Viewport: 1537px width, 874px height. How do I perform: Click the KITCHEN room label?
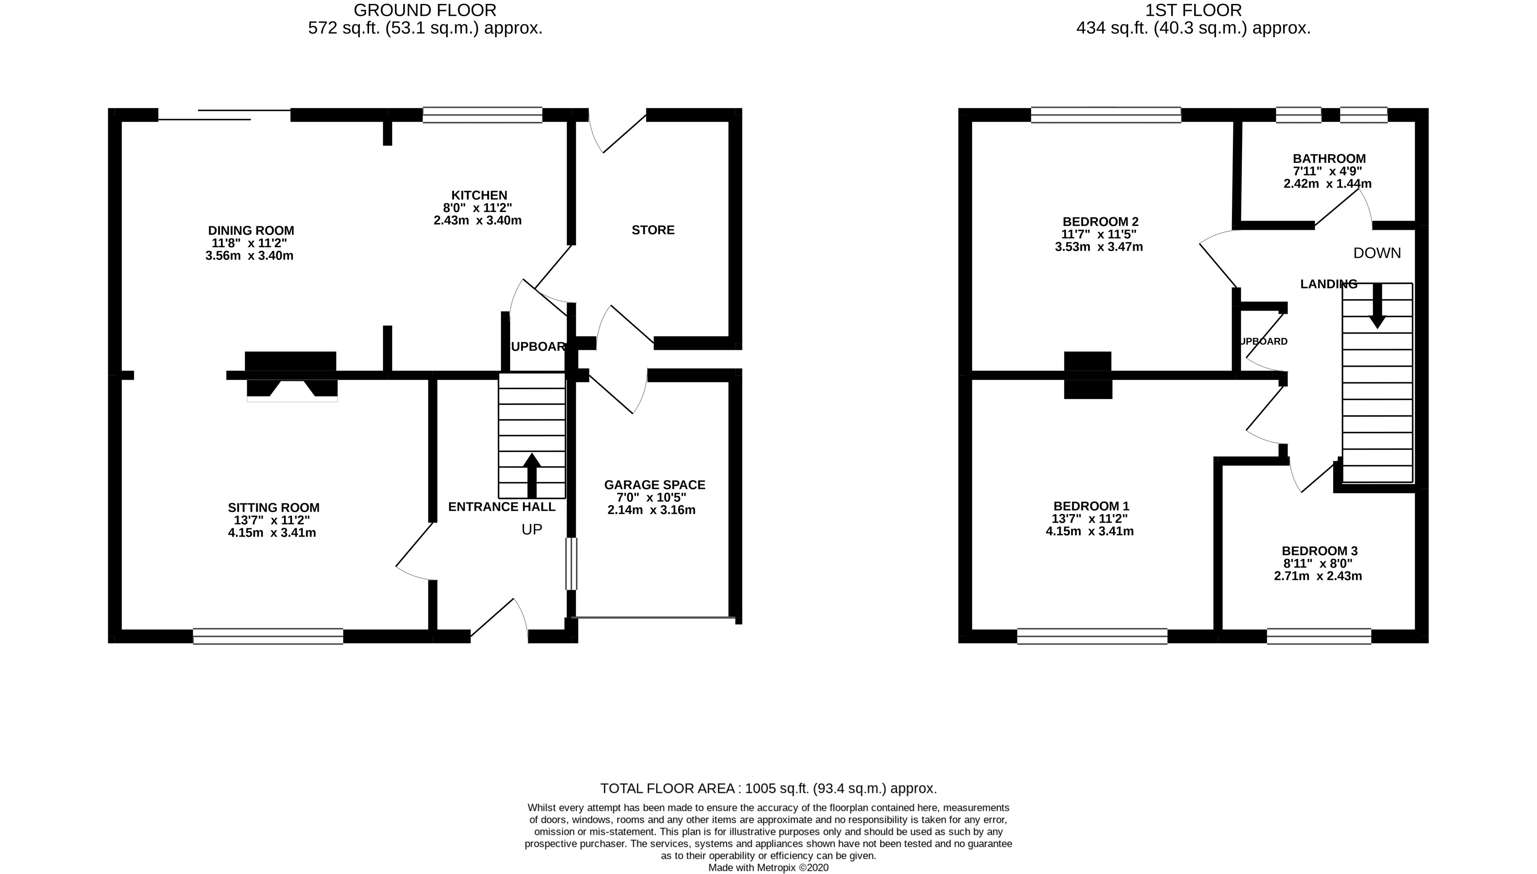pos(479,195)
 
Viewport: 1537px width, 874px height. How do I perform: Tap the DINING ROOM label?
pos(251,230)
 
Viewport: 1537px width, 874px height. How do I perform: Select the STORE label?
pos(653,230)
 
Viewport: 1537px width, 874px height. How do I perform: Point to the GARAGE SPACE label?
pos(654,485)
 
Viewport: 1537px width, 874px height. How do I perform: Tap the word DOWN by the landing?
pos(1377,253)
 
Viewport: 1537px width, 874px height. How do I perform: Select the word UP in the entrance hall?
pos(531,530)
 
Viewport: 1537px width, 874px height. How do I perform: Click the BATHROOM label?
pos(1329,159)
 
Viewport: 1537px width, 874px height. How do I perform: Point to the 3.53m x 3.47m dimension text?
pos(1099,247)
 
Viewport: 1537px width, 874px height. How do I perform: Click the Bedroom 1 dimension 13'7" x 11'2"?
pos(1090,519)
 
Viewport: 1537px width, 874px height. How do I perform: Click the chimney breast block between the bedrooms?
pos(1087,375)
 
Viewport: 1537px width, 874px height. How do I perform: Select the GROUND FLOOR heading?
pos(425,10)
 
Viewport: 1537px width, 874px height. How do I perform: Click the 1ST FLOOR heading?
pos(1193,10)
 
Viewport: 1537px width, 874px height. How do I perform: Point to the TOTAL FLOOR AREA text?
pos(768,788)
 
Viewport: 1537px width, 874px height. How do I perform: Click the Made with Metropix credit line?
pos(768,867)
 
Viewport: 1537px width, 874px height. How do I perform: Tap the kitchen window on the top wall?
pos(482,115)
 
